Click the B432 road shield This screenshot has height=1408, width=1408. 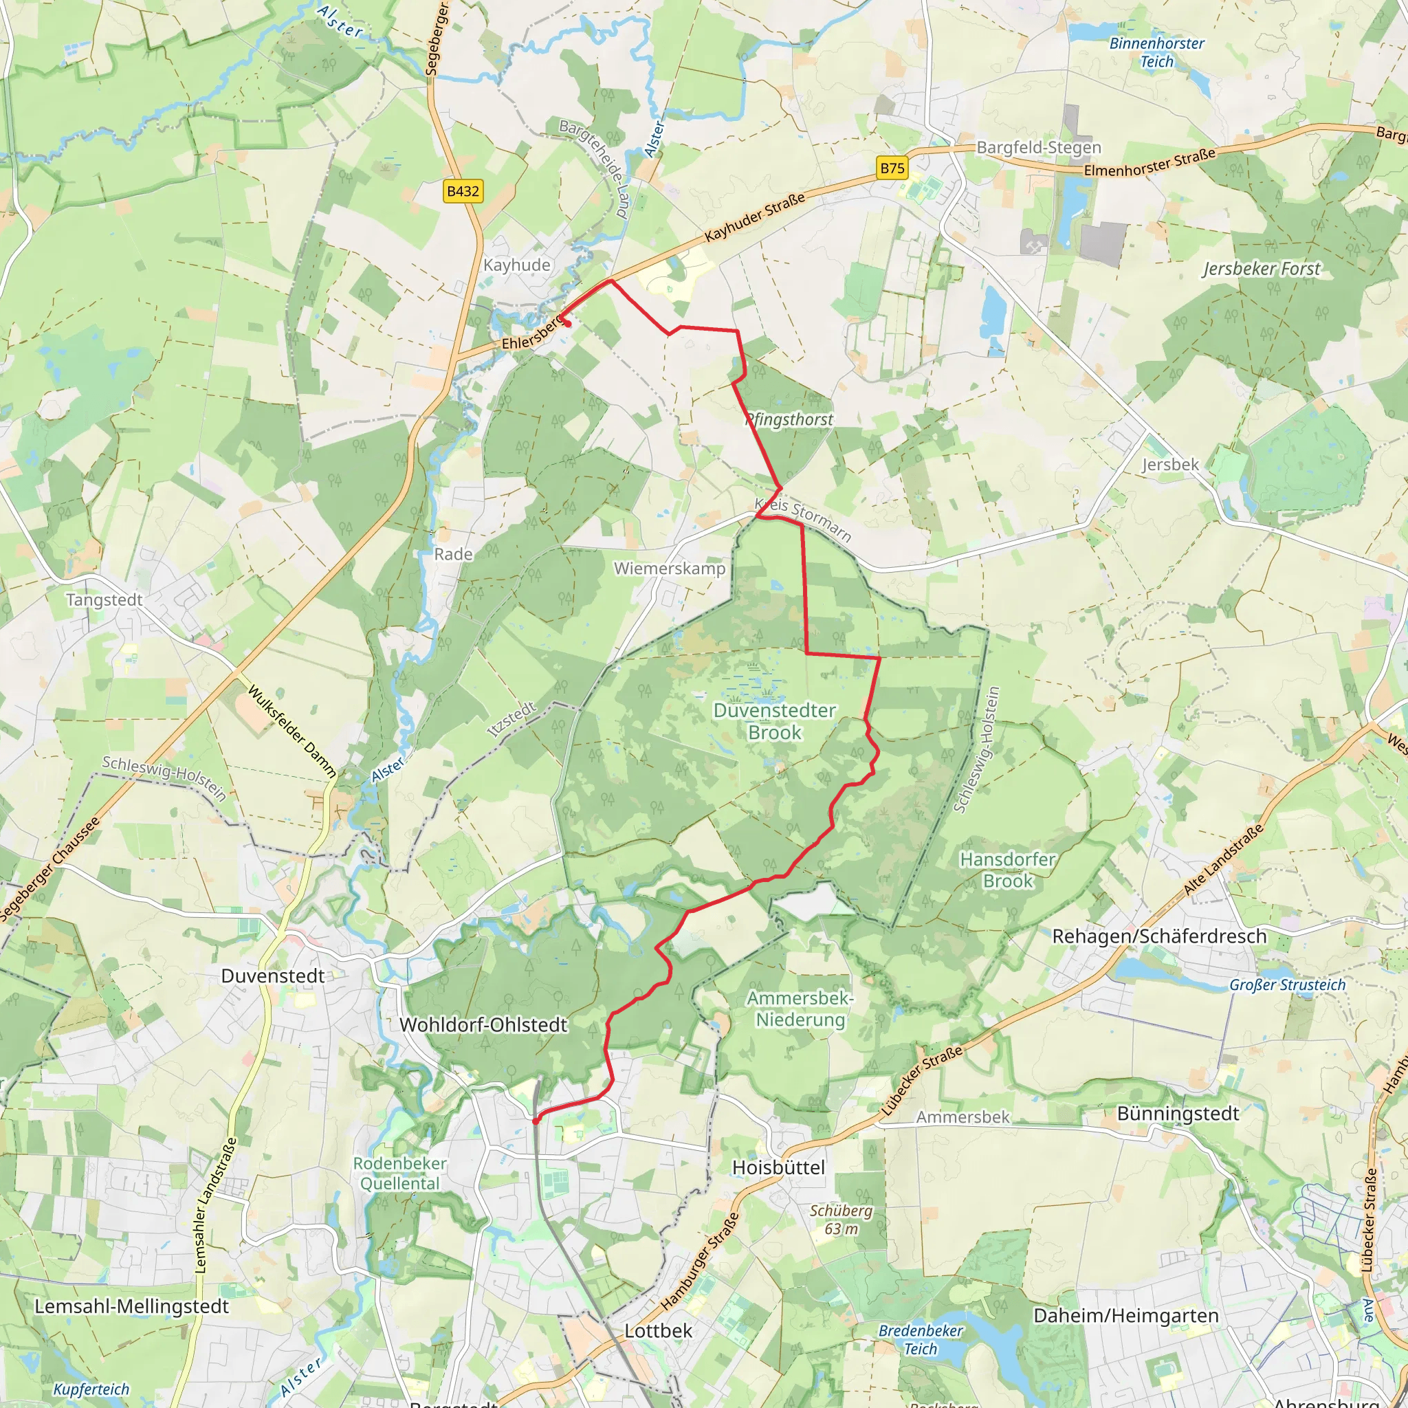point(463,192)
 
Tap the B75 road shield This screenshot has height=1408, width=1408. point(892,168)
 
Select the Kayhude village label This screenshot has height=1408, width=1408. point(517,265)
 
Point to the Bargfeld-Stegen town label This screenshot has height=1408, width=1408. point(1039,147)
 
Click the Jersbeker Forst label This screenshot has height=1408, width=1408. point(1261,269)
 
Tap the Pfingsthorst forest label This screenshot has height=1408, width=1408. point(789,420)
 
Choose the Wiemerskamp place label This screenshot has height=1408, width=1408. point(670,569)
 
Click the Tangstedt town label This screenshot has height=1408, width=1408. point(104,599)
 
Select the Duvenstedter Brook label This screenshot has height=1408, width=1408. point(775,720)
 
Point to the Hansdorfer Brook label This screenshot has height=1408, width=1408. point(1008,870)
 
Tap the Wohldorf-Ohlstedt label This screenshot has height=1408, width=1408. point(483,1024)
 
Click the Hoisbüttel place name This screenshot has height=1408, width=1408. point(778,1167)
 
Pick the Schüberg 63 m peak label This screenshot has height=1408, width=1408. point(841,1219)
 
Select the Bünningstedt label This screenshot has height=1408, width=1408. point(1178,1114)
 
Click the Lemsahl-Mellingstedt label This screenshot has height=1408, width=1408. point(132,1306)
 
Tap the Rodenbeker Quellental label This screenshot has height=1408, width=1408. point(400,1174)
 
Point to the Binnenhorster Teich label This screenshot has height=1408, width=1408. point(1156,52)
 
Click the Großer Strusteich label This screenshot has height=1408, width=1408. point(1288,985)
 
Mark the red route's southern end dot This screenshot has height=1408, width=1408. point(536,1121)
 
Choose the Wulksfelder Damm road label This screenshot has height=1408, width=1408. point(292,731)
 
